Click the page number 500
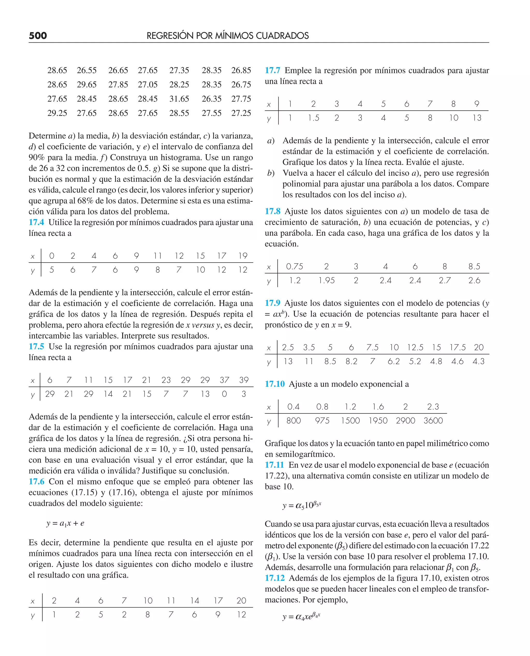(x=38, y=36)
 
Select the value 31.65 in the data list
(x=179, y=99)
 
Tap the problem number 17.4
(x=36, y=222)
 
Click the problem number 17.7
(x=272, y=70)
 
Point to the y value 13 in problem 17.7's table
(x=477, y=118)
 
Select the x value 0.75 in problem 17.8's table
(x=294, y=267)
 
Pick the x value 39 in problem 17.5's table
(x=244, y=380)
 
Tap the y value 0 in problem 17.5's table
(x=224, y=394)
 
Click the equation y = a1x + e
(x=65, y=524)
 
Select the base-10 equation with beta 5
(x=302, y=505)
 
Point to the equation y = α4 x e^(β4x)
(x=301, y=616)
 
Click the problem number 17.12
(x=275, y=578)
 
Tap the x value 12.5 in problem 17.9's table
(x=415, y=347)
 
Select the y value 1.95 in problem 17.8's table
(x=326, y=280)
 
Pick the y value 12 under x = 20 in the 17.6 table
(x=241, y=615)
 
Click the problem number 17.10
(x=275, y=384)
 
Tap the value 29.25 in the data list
(x=57, y=113)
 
